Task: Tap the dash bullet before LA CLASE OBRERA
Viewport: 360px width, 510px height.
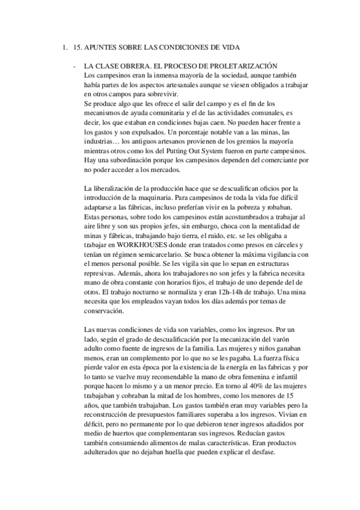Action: [x=74, y=66]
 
